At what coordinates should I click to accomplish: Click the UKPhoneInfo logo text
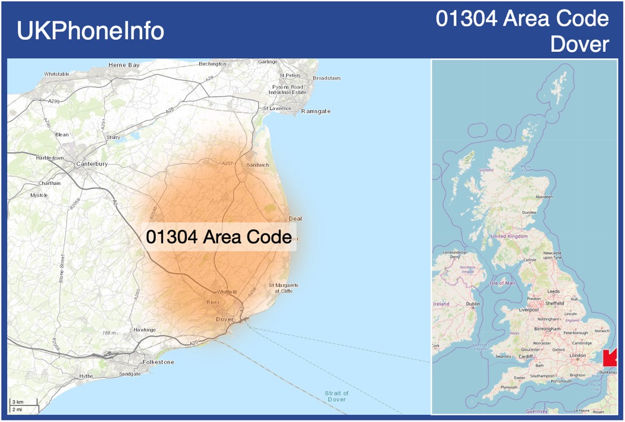point(90,31)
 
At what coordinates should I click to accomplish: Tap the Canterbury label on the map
point(92,163)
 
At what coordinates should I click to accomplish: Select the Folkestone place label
point(158,362)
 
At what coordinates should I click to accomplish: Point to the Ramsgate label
point(315,112)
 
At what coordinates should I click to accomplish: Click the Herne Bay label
point(124,65)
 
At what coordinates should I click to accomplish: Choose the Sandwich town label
point(257,165)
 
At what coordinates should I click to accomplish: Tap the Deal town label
point(295,219)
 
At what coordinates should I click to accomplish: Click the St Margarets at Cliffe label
point(284,288)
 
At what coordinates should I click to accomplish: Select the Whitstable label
point(56,74)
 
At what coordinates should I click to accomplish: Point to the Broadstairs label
point(326,78)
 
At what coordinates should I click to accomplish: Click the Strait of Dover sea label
point(337,396)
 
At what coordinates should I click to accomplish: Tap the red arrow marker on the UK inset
point(610,358)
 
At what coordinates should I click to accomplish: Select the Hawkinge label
point(145,329)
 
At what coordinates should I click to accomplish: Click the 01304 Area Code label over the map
point(218,237)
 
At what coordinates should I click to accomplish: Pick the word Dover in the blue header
point(580,45)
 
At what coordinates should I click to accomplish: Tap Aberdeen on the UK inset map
point(544,196)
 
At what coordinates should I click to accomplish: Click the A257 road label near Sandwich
point(227,163)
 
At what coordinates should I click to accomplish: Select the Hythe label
point(86,376)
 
